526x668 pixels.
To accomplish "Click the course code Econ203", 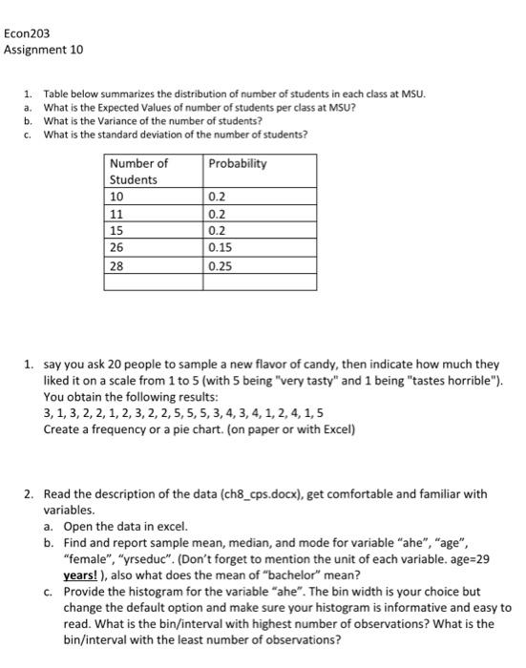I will pyautogui.click(x=26, y=32).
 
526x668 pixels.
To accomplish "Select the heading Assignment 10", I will pyautogui.click(x=37, y=49).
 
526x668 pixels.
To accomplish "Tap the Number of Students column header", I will pyautogui.click(x=138, y=171).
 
